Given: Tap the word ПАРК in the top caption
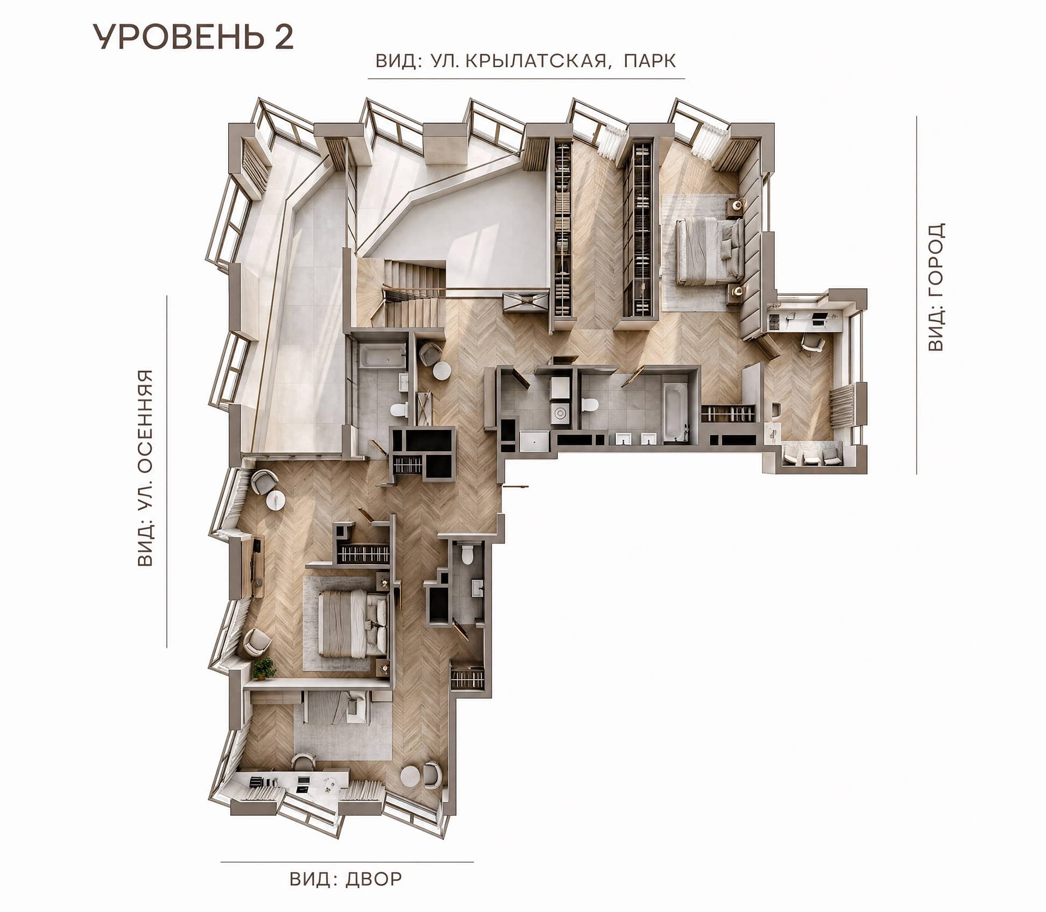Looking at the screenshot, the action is tap(649, 61).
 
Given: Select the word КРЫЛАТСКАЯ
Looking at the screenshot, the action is tap(536, 61).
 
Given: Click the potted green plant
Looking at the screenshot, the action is tap(264, 668).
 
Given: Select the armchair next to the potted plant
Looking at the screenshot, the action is tap(258, 642).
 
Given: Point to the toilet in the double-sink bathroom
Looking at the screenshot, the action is tap(590, 404).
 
